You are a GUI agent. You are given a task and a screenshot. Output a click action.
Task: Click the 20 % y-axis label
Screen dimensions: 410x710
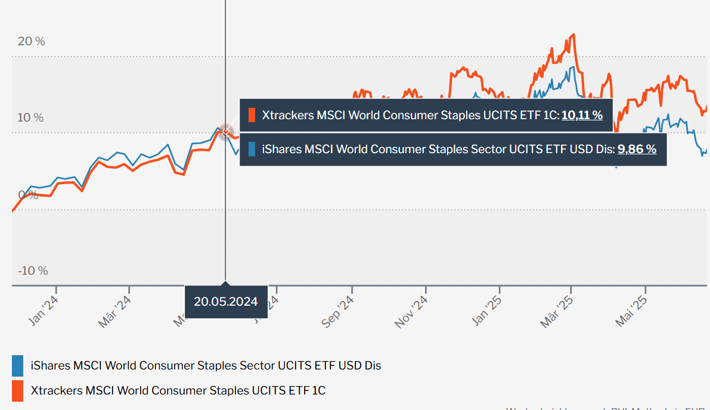(32, 41)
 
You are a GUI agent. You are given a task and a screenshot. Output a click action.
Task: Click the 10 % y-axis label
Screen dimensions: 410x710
(30, 117)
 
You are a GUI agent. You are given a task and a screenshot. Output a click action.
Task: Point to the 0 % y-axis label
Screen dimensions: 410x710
(27, 194)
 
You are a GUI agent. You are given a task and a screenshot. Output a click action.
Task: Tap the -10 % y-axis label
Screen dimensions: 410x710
(33, 271)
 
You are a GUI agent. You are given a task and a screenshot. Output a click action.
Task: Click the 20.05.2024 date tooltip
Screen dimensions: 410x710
(225, 302)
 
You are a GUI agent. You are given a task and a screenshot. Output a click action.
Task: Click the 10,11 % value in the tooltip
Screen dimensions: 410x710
(582, 115)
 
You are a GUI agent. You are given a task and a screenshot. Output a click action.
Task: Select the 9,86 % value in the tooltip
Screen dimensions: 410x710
(637, 149)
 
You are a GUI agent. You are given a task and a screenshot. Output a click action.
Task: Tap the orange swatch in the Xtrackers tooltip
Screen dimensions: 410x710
(252, 115)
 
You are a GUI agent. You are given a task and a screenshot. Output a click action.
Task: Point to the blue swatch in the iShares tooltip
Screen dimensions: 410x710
(252, 149)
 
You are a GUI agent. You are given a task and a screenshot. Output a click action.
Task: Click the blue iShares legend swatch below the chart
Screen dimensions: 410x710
(17, 365)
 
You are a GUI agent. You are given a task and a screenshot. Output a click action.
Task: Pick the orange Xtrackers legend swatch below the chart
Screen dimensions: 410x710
(17, 390)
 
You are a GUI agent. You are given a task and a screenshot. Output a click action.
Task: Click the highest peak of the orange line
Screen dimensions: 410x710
(573, 35)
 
